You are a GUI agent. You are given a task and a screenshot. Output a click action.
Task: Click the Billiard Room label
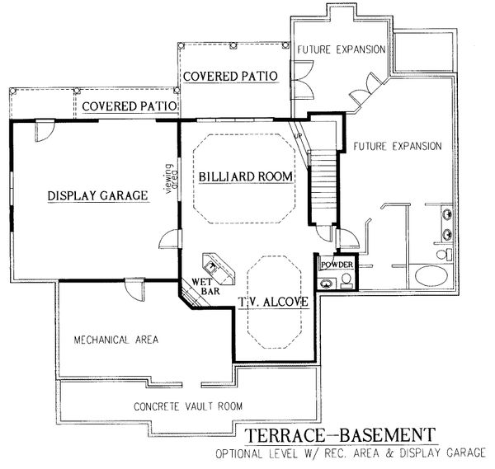click(246, 176)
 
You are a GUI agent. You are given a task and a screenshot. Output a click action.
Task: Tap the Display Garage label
click(98, 195)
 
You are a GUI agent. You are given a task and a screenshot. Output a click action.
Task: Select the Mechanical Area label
click(115, 340)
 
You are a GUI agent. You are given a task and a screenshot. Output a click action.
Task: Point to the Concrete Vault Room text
click(188, 406)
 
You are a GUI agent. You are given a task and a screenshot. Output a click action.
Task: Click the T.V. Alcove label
click(273, 302)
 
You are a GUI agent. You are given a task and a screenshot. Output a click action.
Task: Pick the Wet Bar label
click(205, 286)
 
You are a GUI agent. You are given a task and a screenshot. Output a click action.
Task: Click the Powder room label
click(337, 265)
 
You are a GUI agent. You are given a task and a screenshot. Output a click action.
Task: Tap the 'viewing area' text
click(171, 178)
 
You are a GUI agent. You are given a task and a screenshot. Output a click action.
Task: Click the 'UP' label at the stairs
click(298, 136)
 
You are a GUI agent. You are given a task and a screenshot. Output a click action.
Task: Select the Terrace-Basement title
click(340, 435)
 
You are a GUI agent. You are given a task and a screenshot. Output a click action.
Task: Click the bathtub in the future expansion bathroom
click(431, 275)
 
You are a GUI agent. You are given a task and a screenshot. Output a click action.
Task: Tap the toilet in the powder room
click(346, 280)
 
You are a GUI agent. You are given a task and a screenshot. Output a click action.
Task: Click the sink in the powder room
click(326, 284)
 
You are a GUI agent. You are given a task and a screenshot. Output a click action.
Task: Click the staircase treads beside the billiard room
click(323, 187)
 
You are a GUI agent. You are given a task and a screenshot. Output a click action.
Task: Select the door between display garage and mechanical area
click(134, 288)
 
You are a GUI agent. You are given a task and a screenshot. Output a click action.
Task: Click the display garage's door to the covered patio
click(45, 130)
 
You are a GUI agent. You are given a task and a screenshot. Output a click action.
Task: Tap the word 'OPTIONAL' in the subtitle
click(238, 454)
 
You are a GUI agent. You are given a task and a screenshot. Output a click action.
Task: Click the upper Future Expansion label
click(342, 49)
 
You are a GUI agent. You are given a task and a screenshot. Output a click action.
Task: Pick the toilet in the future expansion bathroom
click(444, 254)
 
